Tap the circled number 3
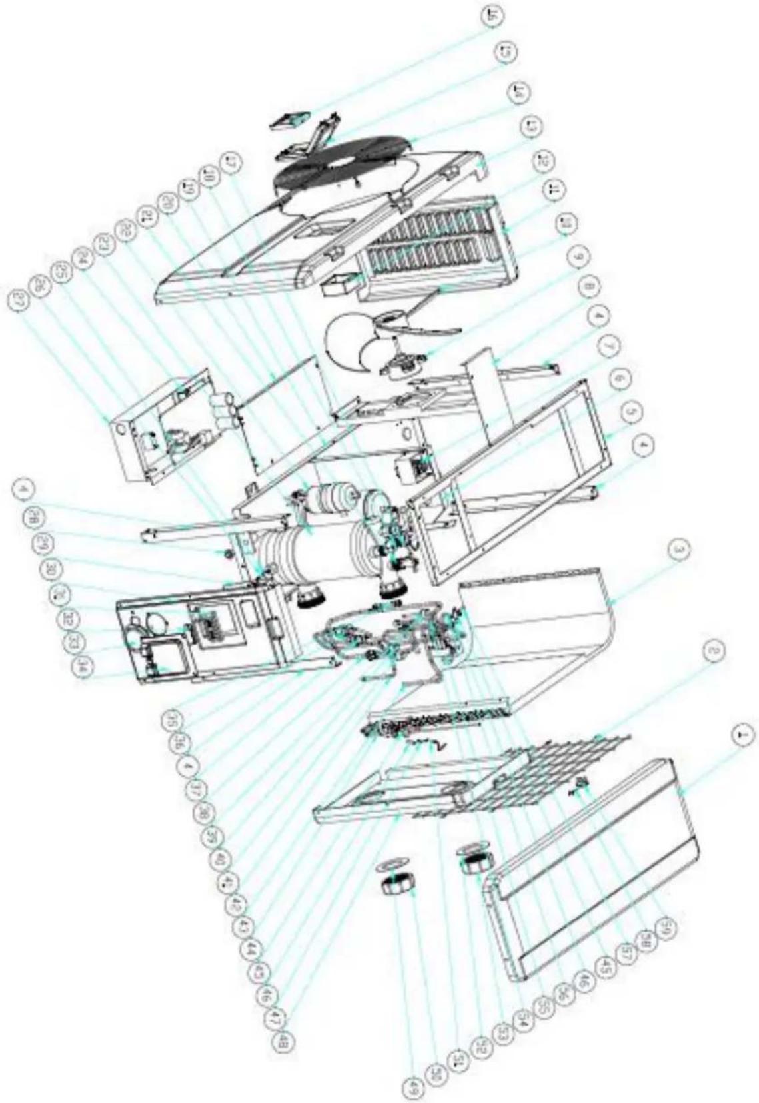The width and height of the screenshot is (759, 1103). pos(678,549)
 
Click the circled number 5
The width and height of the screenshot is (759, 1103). pos(630,412)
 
